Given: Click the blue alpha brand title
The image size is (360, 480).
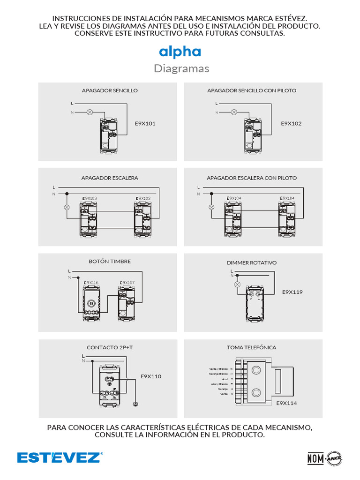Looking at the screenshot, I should (180, 52).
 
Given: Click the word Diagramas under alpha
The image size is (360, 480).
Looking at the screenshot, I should (181, 69).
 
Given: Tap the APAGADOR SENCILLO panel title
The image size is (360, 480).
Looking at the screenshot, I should (110, 90).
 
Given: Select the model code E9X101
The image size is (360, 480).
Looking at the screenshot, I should (145, 124).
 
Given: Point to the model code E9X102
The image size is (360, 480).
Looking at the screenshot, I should (291, 124).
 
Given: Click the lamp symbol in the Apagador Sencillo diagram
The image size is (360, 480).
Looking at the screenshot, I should (90, 112).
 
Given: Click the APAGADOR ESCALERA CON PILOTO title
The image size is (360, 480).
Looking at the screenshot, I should (252, 178).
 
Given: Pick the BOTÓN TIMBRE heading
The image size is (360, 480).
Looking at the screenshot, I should (110, 261).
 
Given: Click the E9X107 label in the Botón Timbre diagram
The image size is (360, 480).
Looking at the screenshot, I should (127, 283).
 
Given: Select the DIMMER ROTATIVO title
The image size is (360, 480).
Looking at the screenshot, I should (252, 263).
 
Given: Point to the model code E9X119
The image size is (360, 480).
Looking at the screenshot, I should (292, 292).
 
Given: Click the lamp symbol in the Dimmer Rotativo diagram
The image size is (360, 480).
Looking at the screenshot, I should (237, 285).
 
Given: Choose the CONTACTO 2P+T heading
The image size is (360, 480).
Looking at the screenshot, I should (106, 347).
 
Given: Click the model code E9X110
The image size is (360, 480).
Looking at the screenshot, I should (151, 376).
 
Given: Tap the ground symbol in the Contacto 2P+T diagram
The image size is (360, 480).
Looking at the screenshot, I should (135, 403).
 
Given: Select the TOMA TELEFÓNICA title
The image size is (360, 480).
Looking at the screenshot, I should (252, 347).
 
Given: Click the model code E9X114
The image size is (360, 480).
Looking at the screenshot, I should (286, 403).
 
